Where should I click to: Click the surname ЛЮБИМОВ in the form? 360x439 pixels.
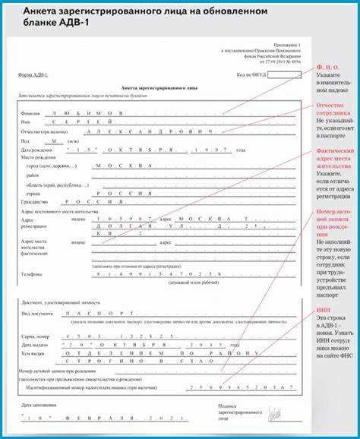[84, 112]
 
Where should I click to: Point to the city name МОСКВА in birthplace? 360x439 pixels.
[126, 165]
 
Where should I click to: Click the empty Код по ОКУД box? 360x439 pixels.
[285, 75]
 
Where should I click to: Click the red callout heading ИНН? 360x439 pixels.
[324, 310]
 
